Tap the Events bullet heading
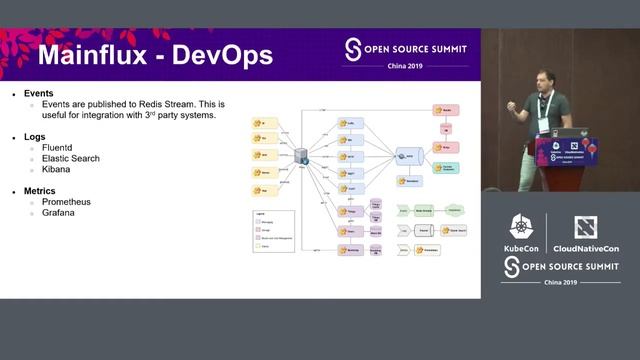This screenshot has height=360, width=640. click(39, 93)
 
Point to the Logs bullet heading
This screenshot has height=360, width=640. click(35, 136)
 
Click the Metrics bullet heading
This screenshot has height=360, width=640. click(40, 190)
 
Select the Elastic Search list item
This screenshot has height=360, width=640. click(71, 158)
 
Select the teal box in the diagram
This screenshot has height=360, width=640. click(446, 168)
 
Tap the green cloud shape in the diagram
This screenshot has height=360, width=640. click(454, 210)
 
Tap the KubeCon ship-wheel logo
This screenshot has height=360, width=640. click(521, 227)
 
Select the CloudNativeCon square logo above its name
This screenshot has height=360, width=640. click(586, 227)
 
